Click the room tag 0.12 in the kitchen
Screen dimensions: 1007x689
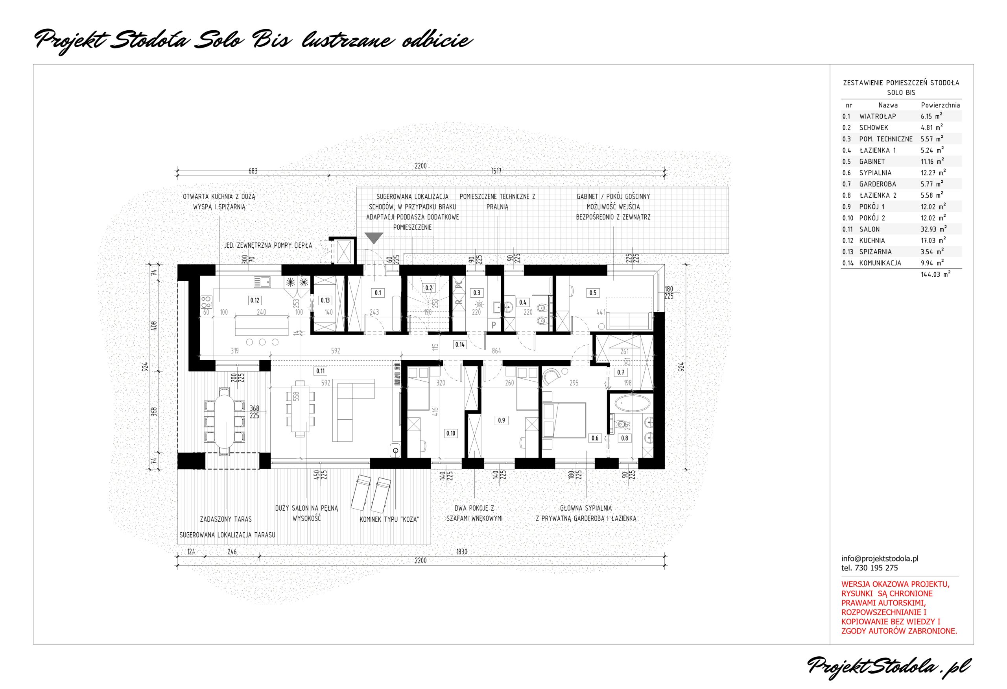click(255, 300)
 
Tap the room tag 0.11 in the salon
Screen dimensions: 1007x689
click(320, 371)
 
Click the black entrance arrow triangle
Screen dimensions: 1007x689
click(374, 238)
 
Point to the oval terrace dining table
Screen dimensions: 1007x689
click(224, 421)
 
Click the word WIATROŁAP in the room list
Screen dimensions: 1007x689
click(878, 116)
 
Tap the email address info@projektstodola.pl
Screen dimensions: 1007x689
click(880, 559)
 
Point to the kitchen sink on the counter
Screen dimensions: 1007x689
click(262, 282)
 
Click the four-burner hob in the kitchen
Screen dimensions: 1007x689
click(206, 300)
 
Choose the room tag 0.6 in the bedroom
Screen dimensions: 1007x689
click(595, 438)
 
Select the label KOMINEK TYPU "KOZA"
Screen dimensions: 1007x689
click(389, 519)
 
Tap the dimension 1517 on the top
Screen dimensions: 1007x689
click(496, 171)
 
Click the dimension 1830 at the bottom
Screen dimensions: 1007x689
click(462, 552)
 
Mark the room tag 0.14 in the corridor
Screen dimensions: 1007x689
click(460, 345)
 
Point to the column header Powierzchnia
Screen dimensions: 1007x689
click(940, 106)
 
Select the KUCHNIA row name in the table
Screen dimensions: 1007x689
click(872, 240)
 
